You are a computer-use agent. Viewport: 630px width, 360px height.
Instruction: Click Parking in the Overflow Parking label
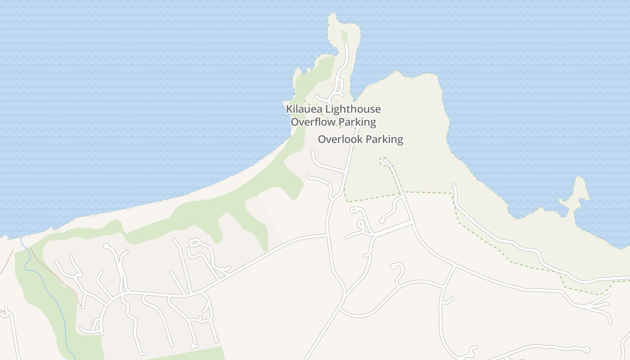tap(357, 122)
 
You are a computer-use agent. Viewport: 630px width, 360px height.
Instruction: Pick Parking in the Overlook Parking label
tap(384, 139)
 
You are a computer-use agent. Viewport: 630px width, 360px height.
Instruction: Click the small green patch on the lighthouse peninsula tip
tap(344, 35)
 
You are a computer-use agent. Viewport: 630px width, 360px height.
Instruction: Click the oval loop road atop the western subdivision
tap(194, 243)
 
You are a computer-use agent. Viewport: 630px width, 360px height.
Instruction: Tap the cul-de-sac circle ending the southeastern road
tap(586, 350)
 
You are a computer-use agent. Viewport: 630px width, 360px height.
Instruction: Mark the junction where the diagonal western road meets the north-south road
tap(327, 235)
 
